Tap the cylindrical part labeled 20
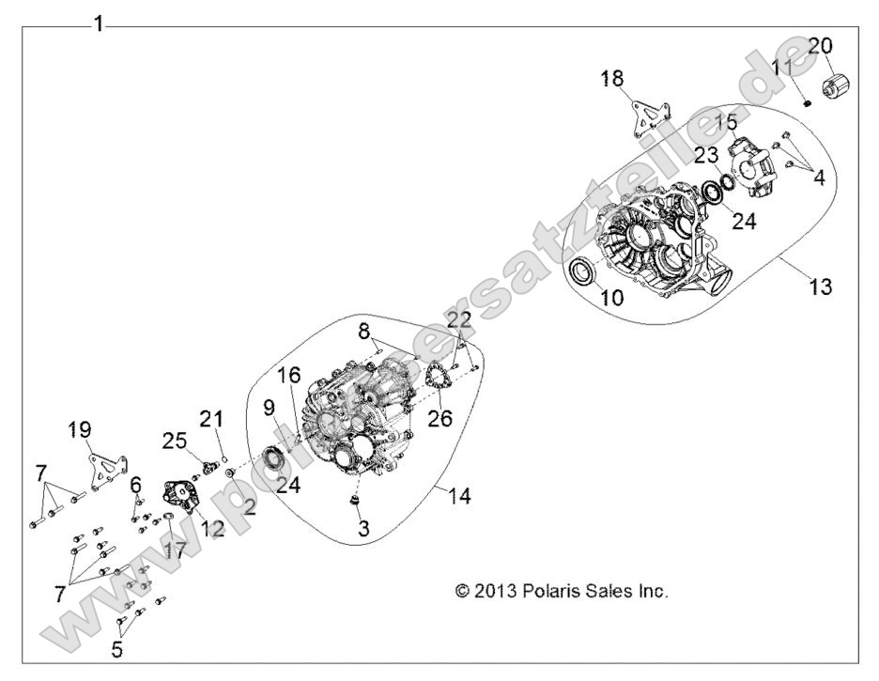point(836,86)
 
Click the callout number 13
point(820,286)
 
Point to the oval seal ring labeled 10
point(581,269)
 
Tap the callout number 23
point(708,156)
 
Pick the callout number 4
point(819,178)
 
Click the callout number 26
point(439,418)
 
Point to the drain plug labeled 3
point(354,501)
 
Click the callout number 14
point(458,496)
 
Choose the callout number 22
point(459,321)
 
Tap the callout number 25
point(175,441)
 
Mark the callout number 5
point(117,649)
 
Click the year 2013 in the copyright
point(493,591)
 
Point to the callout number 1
point(99,24)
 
